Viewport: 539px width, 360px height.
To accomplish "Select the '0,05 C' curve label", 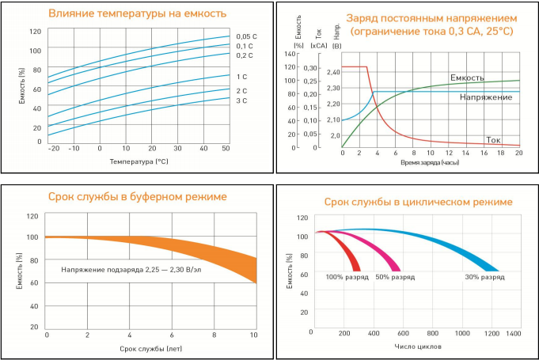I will coord(246,36).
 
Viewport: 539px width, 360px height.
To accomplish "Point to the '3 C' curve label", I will coord(241,101).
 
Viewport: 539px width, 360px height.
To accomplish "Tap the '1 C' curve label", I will coord(241,76).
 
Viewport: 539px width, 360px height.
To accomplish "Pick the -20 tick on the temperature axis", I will coord(53,148).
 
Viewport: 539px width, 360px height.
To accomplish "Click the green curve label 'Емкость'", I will coord(467,78).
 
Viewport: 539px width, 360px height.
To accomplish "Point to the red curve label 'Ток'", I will coord(493,139).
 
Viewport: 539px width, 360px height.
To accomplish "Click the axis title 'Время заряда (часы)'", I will coord(431,161).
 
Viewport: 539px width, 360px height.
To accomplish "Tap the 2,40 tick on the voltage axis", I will coord(333,72).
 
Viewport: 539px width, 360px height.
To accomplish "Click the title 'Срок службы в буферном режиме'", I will coord(138,195).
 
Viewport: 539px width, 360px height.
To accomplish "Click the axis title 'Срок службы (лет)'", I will coord(150,347).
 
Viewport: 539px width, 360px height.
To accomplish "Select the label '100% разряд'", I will coord(347,277).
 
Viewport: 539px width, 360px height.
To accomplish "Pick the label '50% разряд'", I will coord(395,277).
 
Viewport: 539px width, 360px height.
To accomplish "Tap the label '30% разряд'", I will coord(484,277).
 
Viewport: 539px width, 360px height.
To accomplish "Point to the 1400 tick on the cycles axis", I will coord(514,333).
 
